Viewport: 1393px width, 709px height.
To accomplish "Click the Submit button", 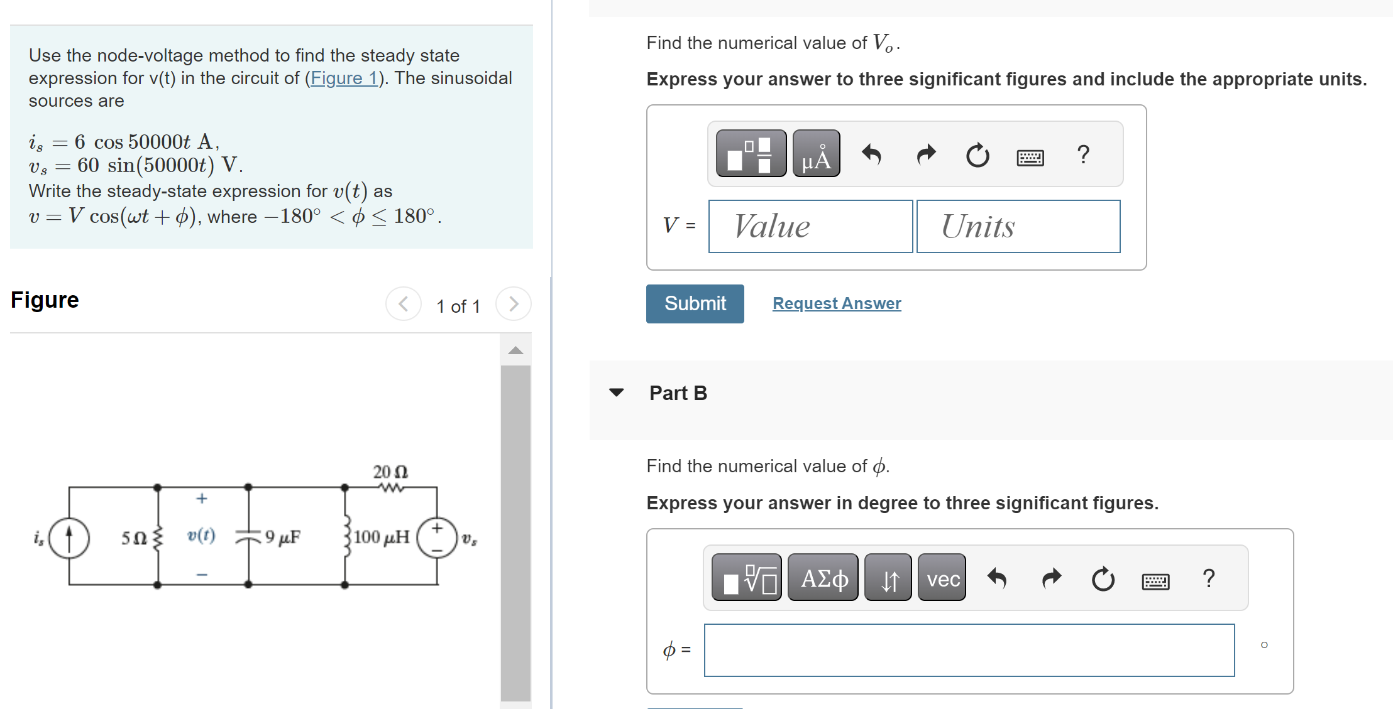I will point(695,304).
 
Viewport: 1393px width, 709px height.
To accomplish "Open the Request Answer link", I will point(836,303).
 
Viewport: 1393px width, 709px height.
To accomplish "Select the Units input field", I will point(1018,226).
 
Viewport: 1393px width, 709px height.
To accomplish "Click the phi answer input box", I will point(969,650).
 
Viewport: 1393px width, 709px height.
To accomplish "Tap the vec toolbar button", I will point(942,578).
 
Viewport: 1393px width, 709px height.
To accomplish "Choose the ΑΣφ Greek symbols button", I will point(823,578).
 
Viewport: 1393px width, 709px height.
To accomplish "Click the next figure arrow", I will point(514,304).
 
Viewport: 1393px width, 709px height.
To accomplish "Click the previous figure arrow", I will point(404,304).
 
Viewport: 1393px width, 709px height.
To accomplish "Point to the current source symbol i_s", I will point(69,538).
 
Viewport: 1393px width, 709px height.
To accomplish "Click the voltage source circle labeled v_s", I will point(437,538).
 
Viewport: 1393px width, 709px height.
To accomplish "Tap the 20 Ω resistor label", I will point(390,472).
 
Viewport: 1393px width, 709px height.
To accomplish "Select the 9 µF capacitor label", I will point(282,537).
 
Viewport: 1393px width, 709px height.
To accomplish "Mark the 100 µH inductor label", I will point(381,537).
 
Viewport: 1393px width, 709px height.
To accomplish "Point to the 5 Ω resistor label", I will point(134,538).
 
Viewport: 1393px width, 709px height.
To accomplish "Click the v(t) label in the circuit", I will point(201,535).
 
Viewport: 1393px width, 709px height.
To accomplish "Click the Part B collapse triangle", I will point(617,392).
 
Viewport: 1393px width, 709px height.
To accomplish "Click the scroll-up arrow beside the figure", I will point(515,350).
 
